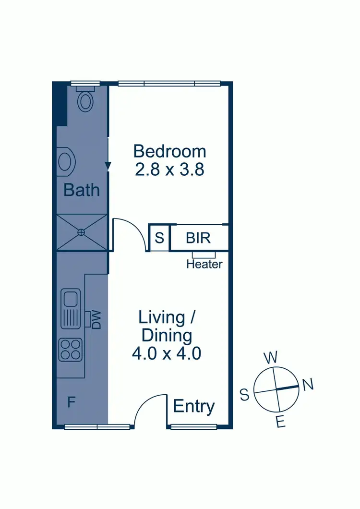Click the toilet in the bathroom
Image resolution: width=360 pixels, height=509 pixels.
(86, 100)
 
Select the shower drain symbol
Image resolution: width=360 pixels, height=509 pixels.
(81, 232)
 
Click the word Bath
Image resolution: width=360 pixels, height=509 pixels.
(82, 190)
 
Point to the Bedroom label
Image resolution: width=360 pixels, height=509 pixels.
(170, 151)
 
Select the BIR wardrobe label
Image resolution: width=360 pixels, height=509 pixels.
(199, 238)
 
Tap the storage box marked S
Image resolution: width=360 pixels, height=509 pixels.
(159, 238)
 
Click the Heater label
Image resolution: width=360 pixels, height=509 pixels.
(204, 264)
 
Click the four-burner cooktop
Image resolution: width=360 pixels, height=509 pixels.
(70, 350)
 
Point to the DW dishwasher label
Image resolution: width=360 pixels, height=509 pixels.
(96, 319)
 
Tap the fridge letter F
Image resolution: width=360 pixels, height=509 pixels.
(71, 402)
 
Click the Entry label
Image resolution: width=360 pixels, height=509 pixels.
(193, 407)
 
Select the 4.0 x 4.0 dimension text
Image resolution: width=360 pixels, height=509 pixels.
(166, 354)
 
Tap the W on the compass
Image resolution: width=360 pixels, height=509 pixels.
(271, 358)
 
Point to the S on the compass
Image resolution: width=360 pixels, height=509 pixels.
(244, 395)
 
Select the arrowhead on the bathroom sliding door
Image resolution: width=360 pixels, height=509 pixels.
(108, 166)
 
